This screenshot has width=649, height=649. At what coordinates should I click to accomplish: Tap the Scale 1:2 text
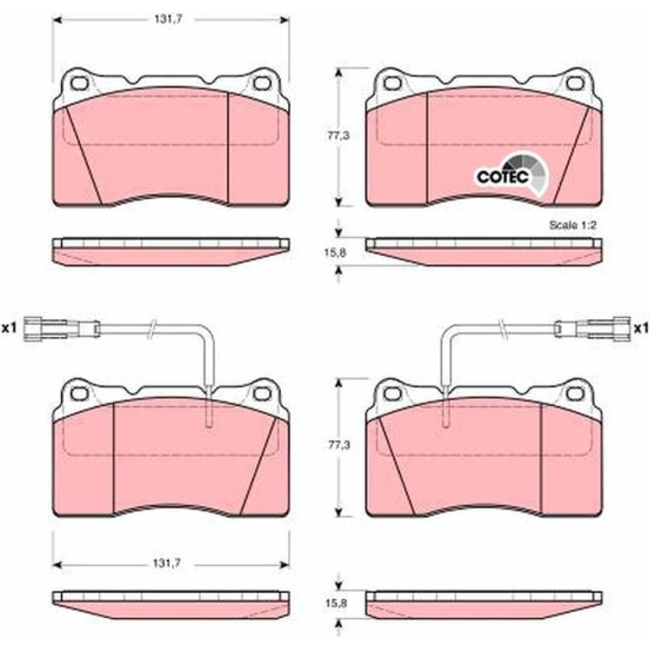[x=572, y=225]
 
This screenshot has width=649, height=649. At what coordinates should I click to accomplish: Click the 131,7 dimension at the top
[x=169, y=19]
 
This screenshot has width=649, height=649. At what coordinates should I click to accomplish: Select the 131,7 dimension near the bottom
[x=169, y=563]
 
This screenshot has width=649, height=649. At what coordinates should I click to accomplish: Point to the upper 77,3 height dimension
[x=339, y=136]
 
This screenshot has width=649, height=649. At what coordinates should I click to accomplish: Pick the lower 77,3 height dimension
[x=339, y=445]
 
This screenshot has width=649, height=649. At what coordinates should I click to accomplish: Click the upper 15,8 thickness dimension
[x=336, y=253]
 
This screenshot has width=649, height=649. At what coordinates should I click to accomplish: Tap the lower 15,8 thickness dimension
[x=336, y=604]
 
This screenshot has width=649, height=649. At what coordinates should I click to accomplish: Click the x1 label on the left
[x=8, y=328]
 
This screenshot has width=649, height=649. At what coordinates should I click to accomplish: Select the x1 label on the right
[x=641, y=328]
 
